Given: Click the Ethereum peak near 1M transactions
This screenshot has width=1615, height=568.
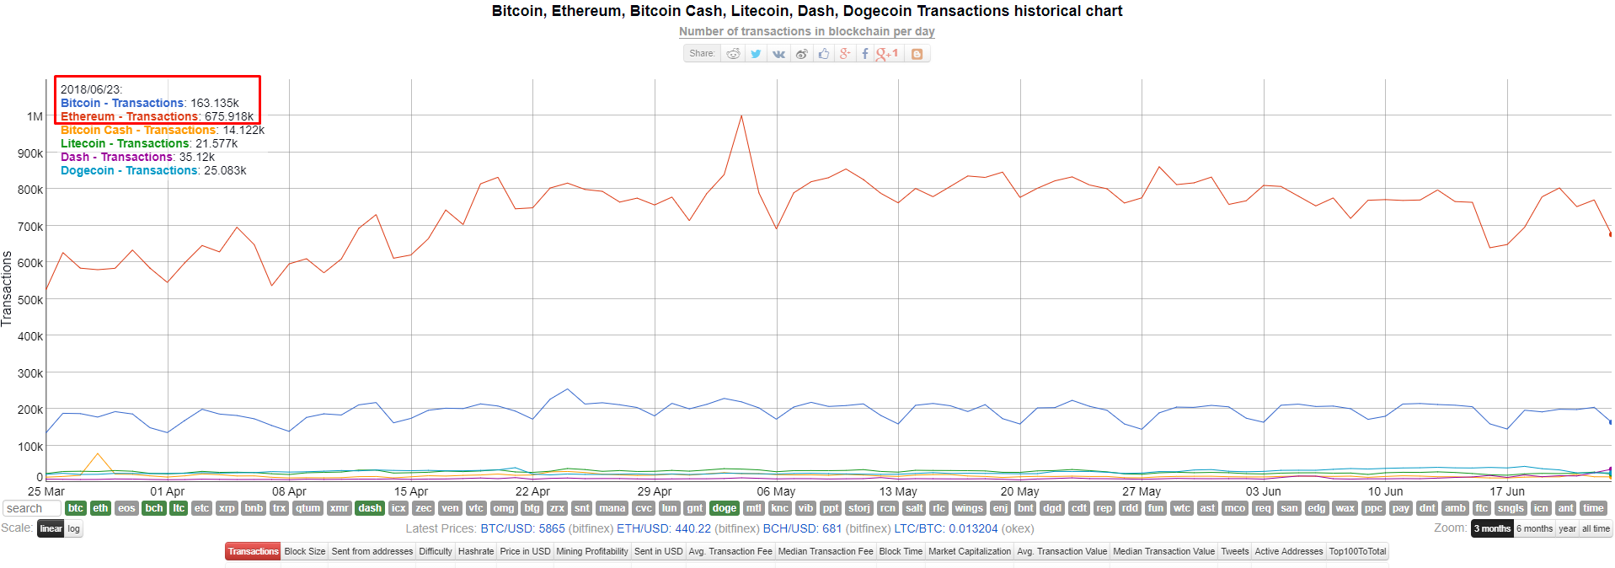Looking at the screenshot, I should (741, 116).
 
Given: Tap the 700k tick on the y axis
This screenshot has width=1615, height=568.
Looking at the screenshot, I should (30, 227).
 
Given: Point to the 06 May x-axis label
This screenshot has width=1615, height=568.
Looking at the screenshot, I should (776, 491).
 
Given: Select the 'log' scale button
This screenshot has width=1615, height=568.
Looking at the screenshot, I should (74, 529).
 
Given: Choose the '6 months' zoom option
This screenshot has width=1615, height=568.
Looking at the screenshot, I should (1534, 529).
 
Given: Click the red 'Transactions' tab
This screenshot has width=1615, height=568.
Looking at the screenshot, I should (253, 552).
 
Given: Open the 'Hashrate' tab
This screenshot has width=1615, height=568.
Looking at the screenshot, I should (476, 552).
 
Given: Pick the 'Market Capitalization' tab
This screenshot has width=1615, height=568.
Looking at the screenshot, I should (969, 552).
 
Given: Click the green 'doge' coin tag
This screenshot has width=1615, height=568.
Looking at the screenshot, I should (725, 508).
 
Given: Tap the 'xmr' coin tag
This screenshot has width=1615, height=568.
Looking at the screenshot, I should (340, 508).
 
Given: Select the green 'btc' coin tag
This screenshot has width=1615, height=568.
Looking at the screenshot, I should (76, 508).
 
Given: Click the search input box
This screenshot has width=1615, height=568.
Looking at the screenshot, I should (32, 508).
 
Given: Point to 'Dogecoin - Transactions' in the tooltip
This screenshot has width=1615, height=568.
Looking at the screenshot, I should (129, 170).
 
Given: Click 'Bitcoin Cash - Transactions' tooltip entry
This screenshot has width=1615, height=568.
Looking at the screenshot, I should (138, 130).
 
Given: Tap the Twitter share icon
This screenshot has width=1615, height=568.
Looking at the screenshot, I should (756, 54).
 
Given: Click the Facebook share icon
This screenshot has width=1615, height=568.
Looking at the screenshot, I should (864, 54).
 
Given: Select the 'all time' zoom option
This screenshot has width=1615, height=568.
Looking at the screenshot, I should (1596, 529).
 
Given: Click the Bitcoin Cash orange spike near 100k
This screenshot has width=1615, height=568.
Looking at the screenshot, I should (98, 454).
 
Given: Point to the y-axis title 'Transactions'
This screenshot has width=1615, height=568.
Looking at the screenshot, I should (8, 288).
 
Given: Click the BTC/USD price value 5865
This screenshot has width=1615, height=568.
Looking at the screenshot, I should (552, 529).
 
